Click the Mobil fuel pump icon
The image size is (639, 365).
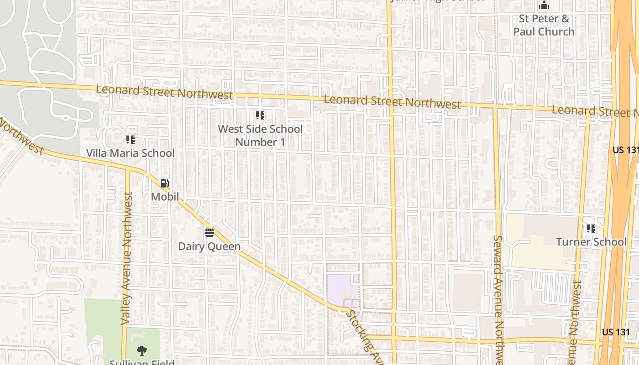pyautogui.click(x=164, y=183)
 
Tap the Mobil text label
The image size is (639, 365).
pyautogui.click(x=165, y=197)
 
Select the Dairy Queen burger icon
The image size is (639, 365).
pyautogui.click(x=210, y=233)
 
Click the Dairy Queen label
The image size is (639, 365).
pyautogui.click(x=209, y=246)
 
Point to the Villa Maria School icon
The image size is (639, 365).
pyautogui.click(x=131, y=139)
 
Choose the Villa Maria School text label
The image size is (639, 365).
pyautogui.click(x=131, y=153)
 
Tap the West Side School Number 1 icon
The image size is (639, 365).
pyautogui.click(x=260, y=115)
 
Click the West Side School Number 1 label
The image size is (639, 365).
pyautogui.click(x=260, y=135)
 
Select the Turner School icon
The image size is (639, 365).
pyautogui.click(x=591, y=228)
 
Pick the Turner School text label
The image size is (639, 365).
pyautogui.click(x=591, y=242)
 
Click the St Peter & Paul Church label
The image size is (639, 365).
pyautogui.click(x=544, y=25)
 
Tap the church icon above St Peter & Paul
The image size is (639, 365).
pyautogui.click(x=544, y=5)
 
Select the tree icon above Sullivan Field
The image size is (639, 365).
pyautogui.click(x=142, y=351)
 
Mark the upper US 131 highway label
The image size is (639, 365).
pyautogui.click(x=625, y=150)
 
